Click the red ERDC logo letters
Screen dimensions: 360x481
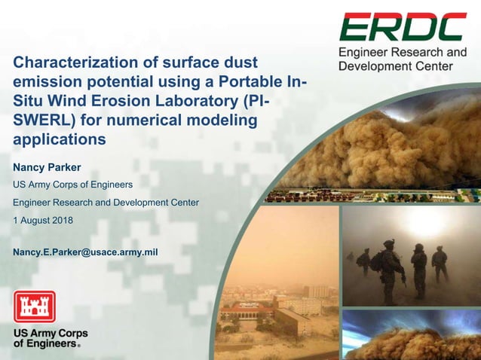403,27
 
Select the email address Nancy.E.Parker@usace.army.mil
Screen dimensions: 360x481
85,252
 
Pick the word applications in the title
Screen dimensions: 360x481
60,139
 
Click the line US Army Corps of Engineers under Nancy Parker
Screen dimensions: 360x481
73,185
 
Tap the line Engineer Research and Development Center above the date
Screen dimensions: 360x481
106,202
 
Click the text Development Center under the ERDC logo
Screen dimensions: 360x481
396,66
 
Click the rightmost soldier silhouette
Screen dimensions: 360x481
439,264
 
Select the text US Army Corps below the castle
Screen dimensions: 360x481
50,333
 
